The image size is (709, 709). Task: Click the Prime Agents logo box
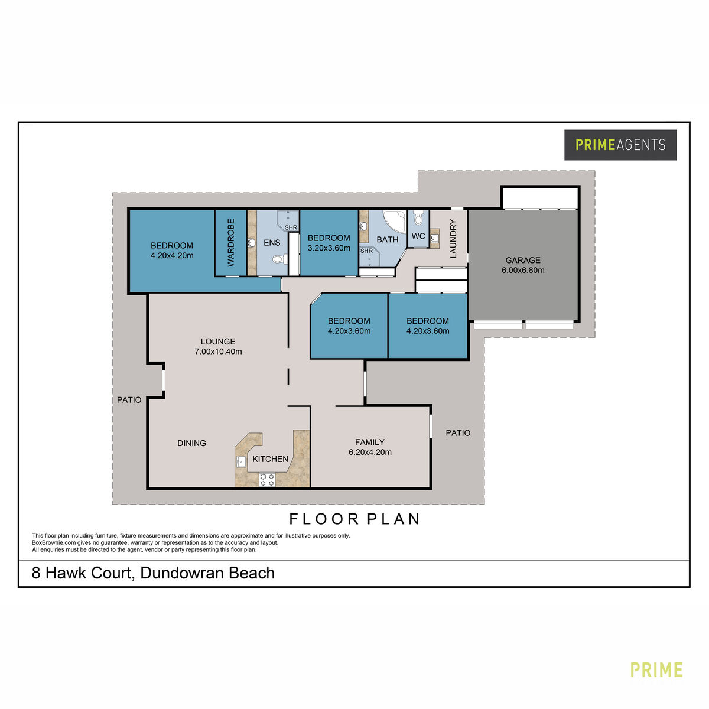coord(620,145)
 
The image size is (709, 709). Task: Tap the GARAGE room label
coord(522,260)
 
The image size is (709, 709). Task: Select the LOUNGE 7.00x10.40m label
coord(218,346)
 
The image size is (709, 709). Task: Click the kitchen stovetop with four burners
coord(268,479)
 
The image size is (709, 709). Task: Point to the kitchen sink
coord(242,461)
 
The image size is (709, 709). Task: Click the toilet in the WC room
coord(418,217)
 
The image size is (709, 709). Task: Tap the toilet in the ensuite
coord(279,259)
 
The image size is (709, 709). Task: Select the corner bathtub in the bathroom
coord(395,222)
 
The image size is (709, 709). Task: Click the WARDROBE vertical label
coord(230,242)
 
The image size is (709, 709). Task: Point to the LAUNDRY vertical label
coord(453,239)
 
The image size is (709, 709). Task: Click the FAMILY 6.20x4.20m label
coord(370,447)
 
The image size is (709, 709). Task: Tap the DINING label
coord(191,443)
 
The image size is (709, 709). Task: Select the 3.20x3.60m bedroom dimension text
coord(329,248)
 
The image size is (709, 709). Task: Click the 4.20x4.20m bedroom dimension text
coord(172,255)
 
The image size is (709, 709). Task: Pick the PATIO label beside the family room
coord(458,432)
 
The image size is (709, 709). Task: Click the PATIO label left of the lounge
coord(129,399)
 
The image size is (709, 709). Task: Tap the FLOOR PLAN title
coord(354,519)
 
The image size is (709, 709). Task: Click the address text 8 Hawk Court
coord(83,573)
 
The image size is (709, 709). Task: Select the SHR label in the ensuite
coord(291,227)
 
